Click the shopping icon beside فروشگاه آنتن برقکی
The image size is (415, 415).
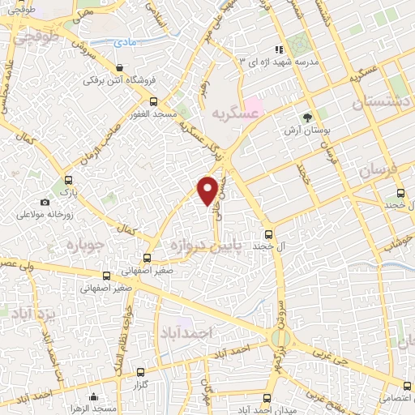tap(121, 67)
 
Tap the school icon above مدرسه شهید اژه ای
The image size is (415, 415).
tap(280, 49)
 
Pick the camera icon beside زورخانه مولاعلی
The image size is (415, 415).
tap(45, 202)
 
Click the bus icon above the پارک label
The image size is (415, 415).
tap(68, 181)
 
